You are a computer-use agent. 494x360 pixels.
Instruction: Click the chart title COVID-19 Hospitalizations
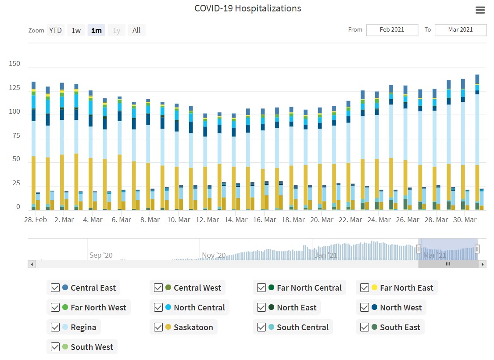(x=247, y=8)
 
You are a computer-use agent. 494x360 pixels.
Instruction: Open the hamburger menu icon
(x=480, y=10)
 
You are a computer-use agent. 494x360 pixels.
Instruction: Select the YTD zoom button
(x=55, y=30)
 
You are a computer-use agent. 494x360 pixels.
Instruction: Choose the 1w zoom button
(x=76, y=30)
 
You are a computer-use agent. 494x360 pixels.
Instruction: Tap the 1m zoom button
(x=96, y=30)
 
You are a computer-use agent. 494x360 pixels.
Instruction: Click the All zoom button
(x=136, y=30)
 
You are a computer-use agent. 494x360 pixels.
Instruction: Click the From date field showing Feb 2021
(x=392, y=30)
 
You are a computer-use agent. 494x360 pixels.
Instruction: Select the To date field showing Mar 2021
(x=460, y=30)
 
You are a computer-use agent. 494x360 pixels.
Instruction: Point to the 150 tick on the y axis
(x=14, y=64)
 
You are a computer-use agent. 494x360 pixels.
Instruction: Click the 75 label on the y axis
(x=16, y=136)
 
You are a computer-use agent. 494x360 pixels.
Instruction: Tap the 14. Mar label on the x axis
(x=236, y=220)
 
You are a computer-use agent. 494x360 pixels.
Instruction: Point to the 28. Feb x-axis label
(x=36, y=220)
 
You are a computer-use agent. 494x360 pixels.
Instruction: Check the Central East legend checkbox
(x=55, y=288)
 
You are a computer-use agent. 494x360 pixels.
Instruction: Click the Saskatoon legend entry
(x=193, y=328)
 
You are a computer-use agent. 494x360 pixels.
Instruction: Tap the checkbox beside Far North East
(x=364, y=288)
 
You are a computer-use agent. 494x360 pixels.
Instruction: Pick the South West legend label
(x=92, y=347)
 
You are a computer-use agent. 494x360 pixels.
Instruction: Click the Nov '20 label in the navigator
(x=214, y=255)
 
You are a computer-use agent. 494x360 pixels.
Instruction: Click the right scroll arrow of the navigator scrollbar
(x=483, y=264)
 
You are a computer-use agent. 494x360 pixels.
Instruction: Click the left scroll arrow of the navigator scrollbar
(x=32, y=264)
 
